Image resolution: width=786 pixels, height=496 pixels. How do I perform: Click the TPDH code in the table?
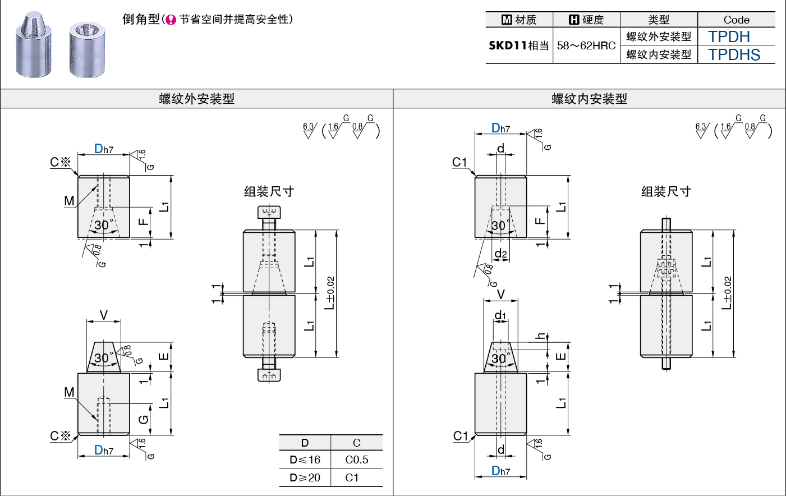[729, 36]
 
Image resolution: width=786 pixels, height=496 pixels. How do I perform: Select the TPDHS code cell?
[734, 55]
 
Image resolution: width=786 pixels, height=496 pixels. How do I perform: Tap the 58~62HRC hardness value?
[586, 45]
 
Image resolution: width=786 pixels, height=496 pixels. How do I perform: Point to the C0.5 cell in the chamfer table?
[356, 460]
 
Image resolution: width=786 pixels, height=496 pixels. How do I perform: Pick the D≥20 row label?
[305, 477]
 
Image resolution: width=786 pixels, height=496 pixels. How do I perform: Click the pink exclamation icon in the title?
[171, 20]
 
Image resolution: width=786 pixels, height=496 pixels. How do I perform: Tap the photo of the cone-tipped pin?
[34, 44]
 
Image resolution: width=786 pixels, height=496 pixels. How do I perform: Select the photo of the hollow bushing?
[88, 49]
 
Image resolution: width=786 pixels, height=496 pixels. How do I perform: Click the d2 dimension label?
[501, 254]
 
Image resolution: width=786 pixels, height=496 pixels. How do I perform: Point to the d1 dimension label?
[500, 315]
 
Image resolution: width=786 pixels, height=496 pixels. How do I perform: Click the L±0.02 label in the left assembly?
[329, 293]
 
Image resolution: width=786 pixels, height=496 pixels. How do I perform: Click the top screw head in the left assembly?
[269, 212]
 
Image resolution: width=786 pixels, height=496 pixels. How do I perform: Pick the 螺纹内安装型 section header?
[589, 99]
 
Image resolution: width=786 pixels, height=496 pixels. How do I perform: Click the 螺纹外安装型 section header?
[196, 99]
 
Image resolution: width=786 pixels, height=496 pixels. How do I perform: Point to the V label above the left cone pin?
[104, 315]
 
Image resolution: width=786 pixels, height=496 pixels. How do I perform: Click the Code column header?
[736, 20]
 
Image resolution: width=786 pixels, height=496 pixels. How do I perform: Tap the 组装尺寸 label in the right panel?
[666, 192]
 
